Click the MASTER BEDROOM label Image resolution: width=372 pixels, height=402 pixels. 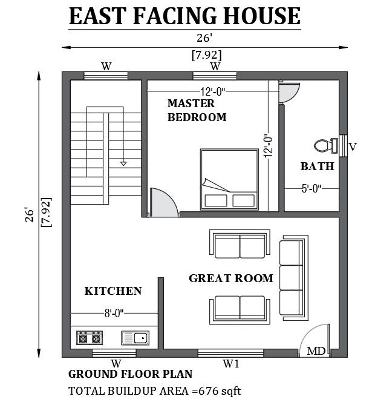coord(197,110)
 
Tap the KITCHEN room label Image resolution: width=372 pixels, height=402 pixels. coord(113,291)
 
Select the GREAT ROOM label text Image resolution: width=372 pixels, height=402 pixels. coord(231,278)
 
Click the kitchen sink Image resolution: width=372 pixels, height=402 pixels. coord(135,337)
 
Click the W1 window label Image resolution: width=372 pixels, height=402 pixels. coord(230,364)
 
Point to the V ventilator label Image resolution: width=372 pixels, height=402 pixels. coord(352,146)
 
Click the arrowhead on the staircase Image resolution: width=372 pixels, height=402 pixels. coord(123,163)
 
